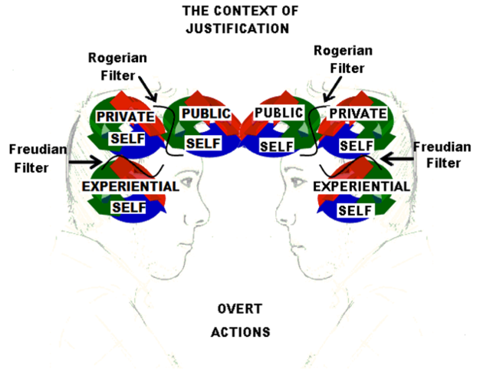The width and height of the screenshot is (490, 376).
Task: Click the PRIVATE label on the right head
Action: (x=356, y=114)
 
